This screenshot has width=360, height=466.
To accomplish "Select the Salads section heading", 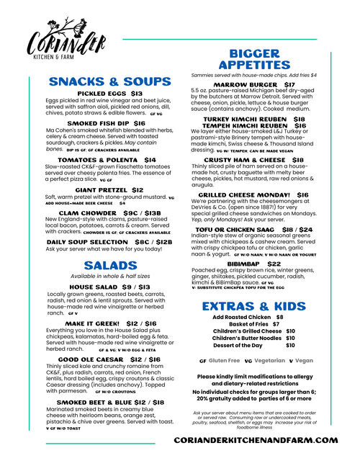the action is [110, 266].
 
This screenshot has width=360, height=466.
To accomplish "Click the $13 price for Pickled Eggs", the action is [136, 94].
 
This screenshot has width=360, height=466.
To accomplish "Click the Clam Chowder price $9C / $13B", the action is [142, 213].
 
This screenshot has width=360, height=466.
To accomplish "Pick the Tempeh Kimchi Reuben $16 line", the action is [254, 125].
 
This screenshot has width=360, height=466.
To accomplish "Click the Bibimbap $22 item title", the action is [254, 264].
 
